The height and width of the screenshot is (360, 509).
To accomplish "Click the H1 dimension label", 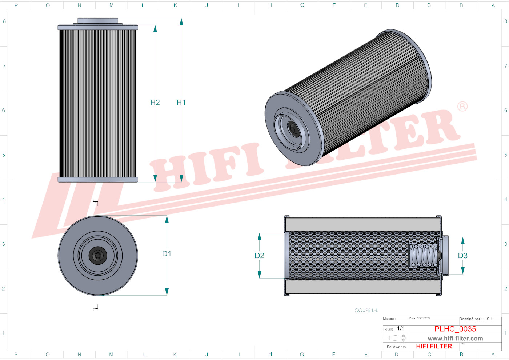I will coord(181,103).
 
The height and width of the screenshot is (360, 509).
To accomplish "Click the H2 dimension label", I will coord(155,103).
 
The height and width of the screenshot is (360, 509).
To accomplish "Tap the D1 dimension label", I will coord(167,254).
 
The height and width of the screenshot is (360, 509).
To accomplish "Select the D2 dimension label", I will coord(259,256).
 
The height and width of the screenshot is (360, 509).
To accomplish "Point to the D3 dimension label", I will coord(462,256).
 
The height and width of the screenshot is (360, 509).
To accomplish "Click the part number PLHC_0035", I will coord(455,329).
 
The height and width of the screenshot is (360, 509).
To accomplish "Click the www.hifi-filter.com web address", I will coord(455,339).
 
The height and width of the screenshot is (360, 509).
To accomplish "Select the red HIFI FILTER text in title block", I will coord(434,347).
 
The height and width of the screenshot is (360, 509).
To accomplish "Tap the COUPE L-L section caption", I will coord(366,311).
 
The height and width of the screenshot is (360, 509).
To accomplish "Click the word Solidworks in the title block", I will coord(396,347).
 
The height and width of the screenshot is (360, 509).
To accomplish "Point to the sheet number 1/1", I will coord(401,328).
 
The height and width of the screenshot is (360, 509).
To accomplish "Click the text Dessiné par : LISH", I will coord(476,319).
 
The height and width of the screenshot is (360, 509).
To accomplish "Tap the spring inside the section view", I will coord(423,256).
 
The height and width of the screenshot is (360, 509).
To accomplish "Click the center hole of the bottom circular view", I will coord(97,256).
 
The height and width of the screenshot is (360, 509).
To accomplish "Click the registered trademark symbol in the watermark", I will coord(462,107).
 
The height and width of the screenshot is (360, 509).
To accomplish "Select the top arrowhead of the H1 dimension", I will coord(181,22).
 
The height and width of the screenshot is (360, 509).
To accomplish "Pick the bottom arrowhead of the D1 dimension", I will coord(167,292).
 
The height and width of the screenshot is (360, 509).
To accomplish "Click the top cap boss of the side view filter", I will coord(97,21).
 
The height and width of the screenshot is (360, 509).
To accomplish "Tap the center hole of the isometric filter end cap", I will coord(293,129).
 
